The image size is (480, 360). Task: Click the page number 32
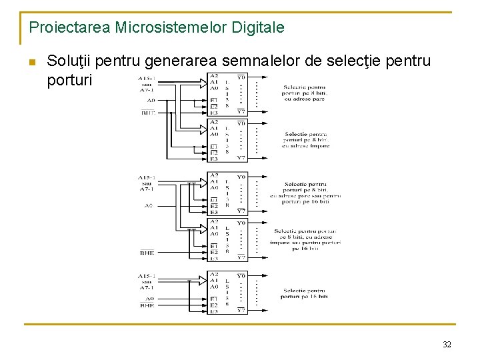coord(447,345)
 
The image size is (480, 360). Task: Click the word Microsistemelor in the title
coord(171,28)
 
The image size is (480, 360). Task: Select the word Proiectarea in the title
coord(70,28)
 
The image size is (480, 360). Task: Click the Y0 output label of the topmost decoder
coord(241,77)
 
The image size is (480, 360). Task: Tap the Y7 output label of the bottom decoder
coord(241,311)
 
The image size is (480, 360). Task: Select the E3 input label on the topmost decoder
coord(214,113)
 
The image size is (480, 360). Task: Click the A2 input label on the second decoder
coord(214,122)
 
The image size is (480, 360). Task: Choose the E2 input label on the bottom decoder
coord(214,305)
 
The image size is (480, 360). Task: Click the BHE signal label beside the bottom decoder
coord(147,305)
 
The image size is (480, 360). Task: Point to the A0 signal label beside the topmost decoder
coord(151,101)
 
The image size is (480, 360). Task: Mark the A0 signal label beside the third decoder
coord(149,205)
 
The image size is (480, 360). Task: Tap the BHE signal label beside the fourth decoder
coord(147,253)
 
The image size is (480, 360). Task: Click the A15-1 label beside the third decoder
coord(147,177)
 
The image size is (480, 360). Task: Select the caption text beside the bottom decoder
coord(305,295)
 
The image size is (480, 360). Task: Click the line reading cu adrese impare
coord(306,146)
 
